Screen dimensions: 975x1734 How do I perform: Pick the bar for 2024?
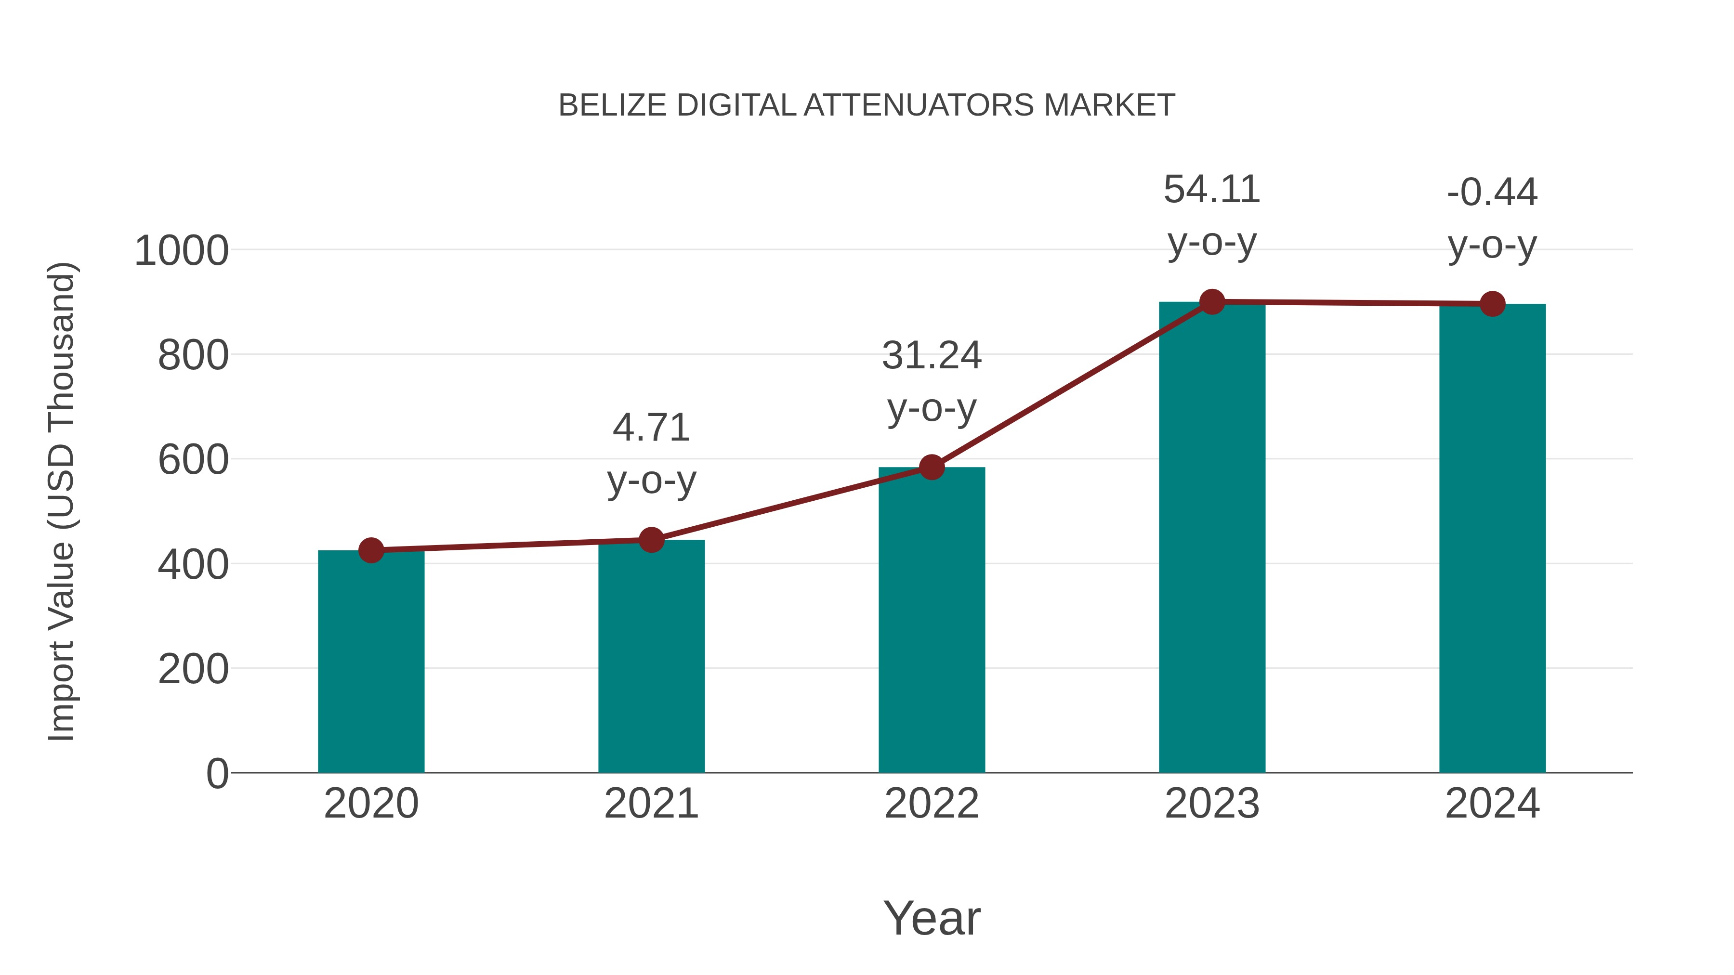pos(1492,538)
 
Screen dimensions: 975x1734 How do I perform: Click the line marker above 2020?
pos(371,550)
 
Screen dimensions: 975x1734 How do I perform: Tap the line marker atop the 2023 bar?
pos(1212,302)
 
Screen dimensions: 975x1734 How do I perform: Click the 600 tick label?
pos(193,460)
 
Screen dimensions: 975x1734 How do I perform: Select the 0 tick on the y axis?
pos(217,773)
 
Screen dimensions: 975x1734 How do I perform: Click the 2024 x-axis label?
pos(1492,804)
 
